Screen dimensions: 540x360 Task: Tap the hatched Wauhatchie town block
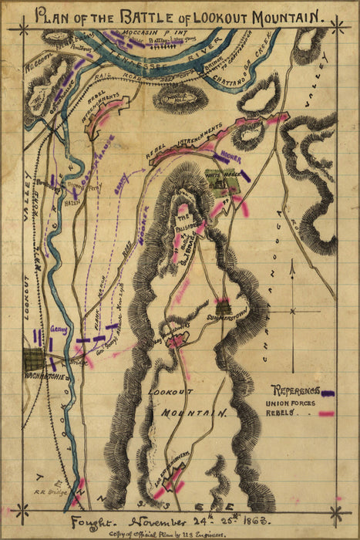(x=33, y=359)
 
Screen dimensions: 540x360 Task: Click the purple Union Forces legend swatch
(x=328, y=393)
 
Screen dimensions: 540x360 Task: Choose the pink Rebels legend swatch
(x=327, y=414)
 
